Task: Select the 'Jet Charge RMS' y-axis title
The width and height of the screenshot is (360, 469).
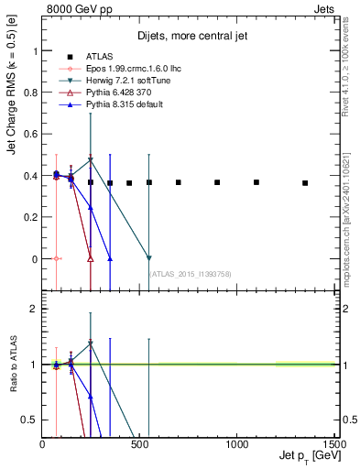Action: pyautogui.click(x=12, y=119)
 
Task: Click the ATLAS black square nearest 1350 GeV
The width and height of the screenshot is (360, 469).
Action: pyautogui.click(x=305, y=183)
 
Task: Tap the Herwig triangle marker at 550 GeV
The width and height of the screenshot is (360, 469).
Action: pyautogui.click(x=149, y=258)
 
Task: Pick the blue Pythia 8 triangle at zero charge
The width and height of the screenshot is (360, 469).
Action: pyautogui.click(x=110, y=258)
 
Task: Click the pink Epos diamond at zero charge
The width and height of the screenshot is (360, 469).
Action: pyautogui.click(x=57, y=258)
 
